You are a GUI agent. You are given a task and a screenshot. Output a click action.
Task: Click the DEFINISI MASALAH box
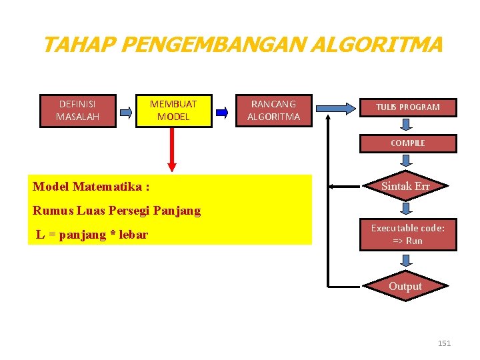pos(77,111)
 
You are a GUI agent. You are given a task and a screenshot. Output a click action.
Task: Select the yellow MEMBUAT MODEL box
pos(173,111)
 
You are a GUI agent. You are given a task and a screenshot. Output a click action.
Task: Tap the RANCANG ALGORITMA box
pos(273,111)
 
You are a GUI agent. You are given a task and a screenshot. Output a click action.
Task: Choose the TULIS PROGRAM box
pos(407,107)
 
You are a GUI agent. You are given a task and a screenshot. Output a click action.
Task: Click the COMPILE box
pos(407,143)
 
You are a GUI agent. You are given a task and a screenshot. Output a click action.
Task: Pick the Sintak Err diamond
pos(405,187)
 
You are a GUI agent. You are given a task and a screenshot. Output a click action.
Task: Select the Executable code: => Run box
pos(407,234)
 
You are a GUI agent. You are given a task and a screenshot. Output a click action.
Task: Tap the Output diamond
pos(405,286)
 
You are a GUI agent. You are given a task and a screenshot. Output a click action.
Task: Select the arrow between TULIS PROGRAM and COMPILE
pos(406,125)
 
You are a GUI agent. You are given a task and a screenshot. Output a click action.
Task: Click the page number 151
pos(444,343)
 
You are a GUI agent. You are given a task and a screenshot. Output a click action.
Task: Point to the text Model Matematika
pos(91,186)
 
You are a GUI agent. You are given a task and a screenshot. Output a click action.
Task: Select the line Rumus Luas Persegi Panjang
pos(117,211)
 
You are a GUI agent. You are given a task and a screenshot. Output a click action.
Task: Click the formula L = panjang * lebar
pos(92,234)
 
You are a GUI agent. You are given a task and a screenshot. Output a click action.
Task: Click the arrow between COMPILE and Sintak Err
pos(406,161)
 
